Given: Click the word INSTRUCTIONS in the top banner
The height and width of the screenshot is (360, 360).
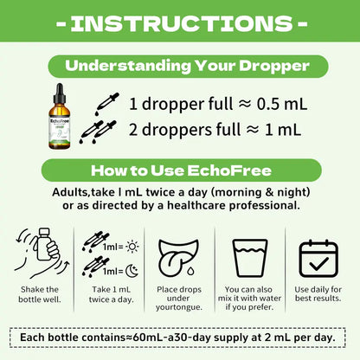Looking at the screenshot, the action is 182,23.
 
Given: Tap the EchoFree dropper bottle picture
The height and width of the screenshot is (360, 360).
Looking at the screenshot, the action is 59,116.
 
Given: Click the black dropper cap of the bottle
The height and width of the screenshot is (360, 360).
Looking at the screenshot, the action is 60,94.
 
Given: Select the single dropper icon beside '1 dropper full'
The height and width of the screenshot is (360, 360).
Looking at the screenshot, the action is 107,104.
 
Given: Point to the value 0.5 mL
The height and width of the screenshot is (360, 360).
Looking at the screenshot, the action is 282,104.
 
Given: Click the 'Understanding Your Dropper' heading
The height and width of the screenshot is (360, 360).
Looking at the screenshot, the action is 187,66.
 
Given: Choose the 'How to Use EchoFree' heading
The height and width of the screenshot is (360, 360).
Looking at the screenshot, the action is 181,170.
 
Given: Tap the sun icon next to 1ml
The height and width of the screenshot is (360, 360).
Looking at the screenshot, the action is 132,247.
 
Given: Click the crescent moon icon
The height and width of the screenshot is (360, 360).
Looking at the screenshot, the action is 132,271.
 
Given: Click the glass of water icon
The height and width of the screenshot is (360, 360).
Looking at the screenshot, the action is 250,258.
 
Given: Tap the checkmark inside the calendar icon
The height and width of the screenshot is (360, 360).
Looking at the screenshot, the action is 318,263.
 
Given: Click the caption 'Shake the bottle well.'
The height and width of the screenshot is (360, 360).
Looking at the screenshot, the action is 40,294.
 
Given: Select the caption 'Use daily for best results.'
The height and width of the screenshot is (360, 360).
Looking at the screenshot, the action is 318,293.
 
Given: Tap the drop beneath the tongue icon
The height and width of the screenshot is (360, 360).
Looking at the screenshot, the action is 190,271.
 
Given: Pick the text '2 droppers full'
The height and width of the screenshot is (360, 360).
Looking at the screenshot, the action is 184,130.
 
